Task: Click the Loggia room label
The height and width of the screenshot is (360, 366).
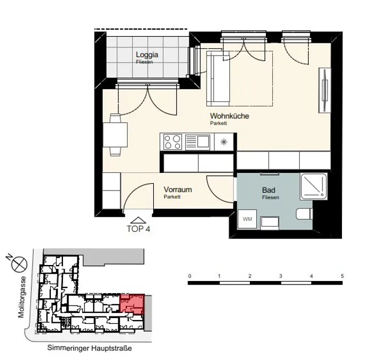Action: [x=147, y=55]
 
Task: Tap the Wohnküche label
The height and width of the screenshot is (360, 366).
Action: [x=229, y=116]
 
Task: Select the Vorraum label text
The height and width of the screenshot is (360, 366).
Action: [x=178, y=189]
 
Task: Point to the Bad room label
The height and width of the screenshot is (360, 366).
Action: [x=268, y=190]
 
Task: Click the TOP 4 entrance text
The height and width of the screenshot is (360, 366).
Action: [x=138, y=229]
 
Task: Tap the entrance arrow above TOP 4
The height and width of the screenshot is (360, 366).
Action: [x=138, y=220]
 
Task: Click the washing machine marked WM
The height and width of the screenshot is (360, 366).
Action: [x=247, y=219]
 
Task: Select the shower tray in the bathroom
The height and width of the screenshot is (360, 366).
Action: [x=314, y=186]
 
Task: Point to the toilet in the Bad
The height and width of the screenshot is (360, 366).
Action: [x=304, y=214]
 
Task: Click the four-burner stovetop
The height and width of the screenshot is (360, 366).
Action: [x=173, y=142]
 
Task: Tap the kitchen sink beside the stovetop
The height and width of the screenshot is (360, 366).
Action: [x=197, y=142]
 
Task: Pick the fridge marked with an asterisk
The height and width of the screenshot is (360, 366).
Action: [x=224, y=142]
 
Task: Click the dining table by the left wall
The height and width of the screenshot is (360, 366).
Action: [x=116, y=135]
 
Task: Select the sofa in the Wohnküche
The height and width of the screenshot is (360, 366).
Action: [x=218, y=79]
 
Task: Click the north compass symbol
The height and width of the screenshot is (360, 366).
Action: [x=19, y=264]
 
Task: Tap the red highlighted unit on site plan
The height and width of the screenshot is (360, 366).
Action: [x=132, y=304]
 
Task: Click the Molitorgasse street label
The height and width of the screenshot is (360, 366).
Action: [x=22, y=297]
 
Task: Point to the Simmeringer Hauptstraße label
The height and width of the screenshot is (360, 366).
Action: [x=90, y=348]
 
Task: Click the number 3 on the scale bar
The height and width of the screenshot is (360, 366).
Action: [x=281, y=276]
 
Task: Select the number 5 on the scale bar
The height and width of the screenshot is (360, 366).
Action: [x=342, y=276]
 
